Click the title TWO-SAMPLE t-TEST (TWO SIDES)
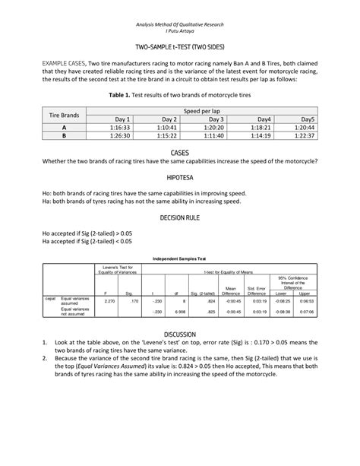(179, 48)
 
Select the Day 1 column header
(123, 119)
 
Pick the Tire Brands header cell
(64, 115)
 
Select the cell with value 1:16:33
(123, 128)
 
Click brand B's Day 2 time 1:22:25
(169, 136)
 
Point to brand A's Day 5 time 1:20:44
(305, 128)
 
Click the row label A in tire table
(64, 128)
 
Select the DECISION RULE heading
(180, 217)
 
